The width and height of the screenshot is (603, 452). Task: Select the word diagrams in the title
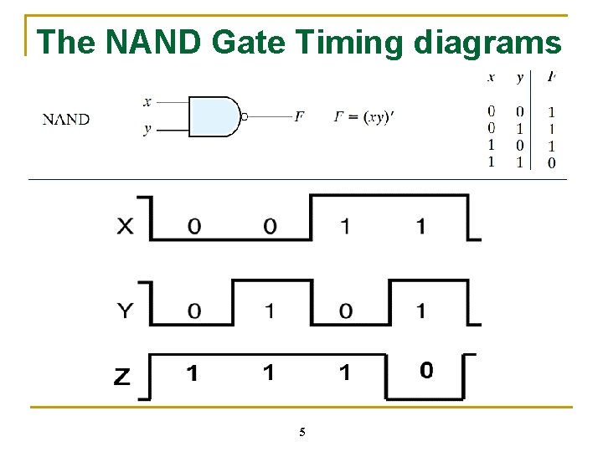click(x=487, y=42)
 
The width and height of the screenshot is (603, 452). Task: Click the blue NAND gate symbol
click(x=214, y=116)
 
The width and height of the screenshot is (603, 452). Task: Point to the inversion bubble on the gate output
click(x=244, y=117)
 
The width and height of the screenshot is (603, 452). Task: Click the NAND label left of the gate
click(x=66, y=119)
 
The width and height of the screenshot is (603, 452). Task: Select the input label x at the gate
click(x=147, y=102)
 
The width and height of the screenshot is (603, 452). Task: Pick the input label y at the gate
click(x=147, y=130)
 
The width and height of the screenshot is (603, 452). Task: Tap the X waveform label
click(x=125, y=227)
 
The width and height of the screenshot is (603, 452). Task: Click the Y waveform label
click(x=125, y=311)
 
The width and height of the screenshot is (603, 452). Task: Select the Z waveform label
click(x=122, y=378)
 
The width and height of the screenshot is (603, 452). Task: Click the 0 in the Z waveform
click(x=426, y=370)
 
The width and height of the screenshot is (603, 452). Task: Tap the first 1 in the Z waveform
click(x=192, y=373)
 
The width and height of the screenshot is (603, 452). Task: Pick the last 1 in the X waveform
click(x=420, y=227)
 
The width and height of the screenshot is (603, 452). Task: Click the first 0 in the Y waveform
click(x=193, y=311)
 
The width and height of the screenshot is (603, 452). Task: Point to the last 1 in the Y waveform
click(x=420, y=311)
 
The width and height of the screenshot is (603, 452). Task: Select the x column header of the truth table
click(x=491, y=78)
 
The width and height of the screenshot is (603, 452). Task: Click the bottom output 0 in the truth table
click(x=551, y=162)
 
